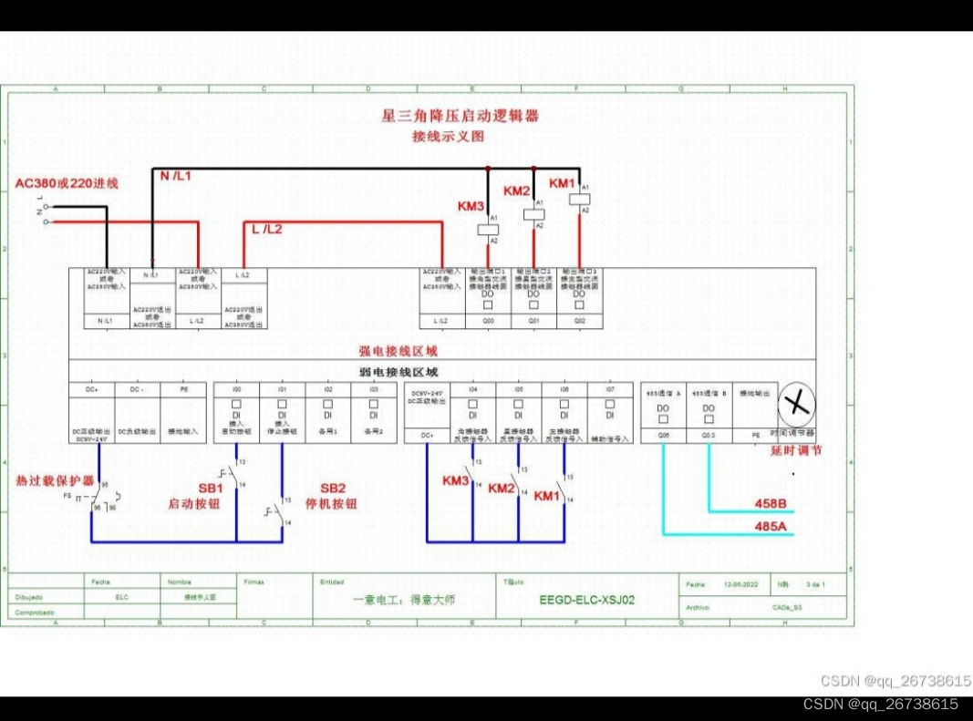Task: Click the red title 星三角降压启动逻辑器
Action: pos(460,116)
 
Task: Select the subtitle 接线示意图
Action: pos(447,137)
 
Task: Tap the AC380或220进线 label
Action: pos(67,183)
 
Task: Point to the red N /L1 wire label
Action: pos(176,175)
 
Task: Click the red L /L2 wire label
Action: pos(267,229)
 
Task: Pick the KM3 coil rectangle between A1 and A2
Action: pos(489,230)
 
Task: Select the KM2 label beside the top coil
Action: pos(516,191)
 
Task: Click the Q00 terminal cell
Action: pos(488,321)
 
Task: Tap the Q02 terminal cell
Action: pos(579,321)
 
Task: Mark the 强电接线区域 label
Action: pos(398,350)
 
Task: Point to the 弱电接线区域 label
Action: pos(399,372)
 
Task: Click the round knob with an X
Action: pos(796,404)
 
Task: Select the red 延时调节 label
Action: pos(796,449)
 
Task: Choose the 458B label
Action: pos(771,503)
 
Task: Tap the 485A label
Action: pos(771,526)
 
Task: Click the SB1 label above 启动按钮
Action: pos(211,488)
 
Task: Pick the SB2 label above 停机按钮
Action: pos(332,488)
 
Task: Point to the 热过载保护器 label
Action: pos(55,480)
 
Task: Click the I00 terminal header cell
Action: pos(236,389)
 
